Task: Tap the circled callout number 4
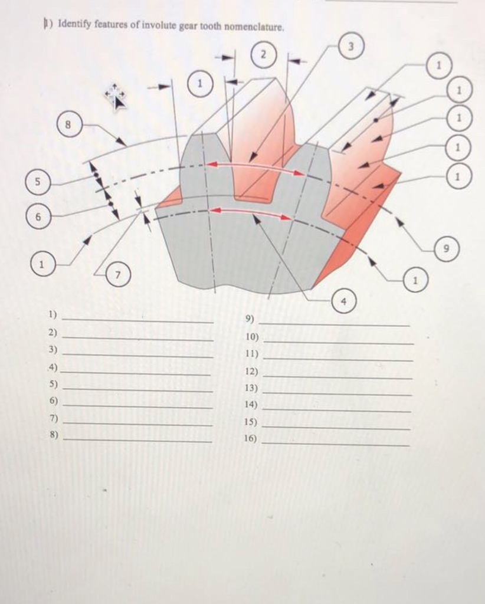345,301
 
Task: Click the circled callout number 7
119,275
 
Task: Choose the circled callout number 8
68,124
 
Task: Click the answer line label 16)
251,439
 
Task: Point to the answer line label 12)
251,371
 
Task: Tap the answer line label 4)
53,367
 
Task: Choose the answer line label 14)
251,405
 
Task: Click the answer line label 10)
251,336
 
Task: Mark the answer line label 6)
53,401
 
